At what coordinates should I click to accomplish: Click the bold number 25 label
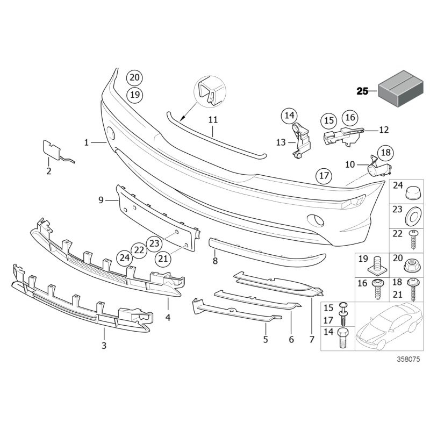pyautogui.click(x=362, y=91)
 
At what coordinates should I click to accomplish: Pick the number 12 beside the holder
pyautogui.click(x=383, y=130)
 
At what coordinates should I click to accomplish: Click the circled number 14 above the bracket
pyautogui.click(x=290, y=115)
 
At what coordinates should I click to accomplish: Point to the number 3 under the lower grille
pyautogui.click(x=104, y=346)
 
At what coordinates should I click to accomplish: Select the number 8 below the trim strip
pyautogui.click(x=215, y=261)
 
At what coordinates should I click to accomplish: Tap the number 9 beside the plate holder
pyautogui.click(x=101, y=200)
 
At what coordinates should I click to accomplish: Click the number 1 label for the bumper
pyautogui.click(x=86, y=142)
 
